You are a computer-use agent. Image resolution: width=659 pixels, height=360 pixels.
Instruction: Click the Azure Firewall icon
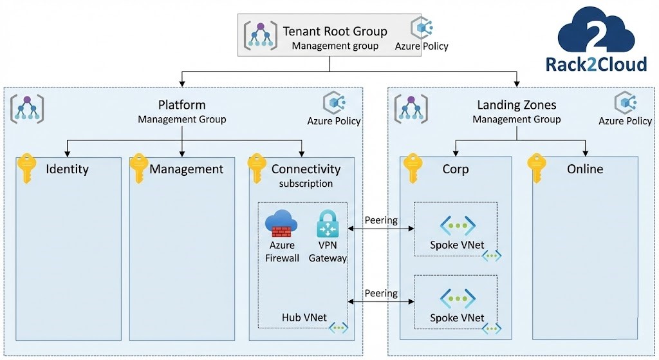(x=281, y=224)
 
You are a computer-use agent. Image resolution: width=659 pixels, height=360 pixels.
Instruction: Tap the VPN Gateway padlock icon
(x=331, y=225)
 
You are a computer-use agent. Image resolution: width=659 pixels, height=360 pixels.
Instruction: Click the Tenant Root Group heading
(x=335, y=31)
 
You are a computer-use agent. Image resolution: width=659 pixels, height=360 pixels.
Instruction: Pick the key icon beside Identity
(x=26, y=169)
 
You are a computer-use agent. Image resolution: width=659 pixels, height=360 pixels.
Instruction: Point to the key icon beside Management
(x=138, y=169)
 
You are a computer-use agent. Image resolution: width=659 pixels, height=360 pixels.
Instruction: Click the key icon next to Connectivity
(x=257, y=169)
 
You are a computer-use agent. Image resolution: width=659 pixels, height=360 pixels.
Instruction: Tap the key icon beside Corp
(x=412, y=169)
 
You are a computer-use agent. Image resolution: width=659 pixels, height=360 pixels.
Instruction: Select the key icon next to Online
(x=537, y=169)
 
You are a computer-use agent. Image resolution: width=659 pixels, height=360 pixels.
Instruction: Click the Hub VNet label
(x=303, y=317)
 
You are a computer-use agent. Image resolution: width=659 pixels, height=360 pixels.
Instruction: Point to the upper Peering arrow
(x=380, y=229)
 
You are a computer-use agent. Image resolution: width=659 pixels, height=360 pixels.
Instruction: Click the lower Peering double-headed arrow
(x=380, y=301)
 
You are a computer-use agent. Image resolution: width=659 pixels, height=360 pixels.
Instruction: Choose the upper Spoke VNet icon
(x=457, y=225)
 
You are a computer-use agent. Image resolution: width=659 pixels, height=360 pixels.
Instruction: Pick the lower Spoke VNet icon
(x=457, y=298)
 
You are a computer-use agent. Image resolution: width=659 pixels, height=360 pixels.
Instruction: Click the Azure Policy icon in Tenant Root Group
(x=422, y=28)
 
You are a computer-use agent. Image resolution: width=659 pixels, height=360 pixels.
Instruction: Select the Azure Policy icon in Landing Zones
(x=625, y=103)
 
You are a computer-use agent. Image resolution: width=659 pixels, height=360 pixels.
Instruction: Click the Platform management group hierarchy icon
(x=27, y=108)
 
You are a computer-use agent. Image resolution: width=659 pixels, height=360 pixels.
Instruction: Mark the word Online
(x=585, y=169)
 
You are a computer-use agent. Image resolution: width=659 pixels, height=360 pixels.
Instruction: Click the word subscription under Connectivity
(x=306, y=184)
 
